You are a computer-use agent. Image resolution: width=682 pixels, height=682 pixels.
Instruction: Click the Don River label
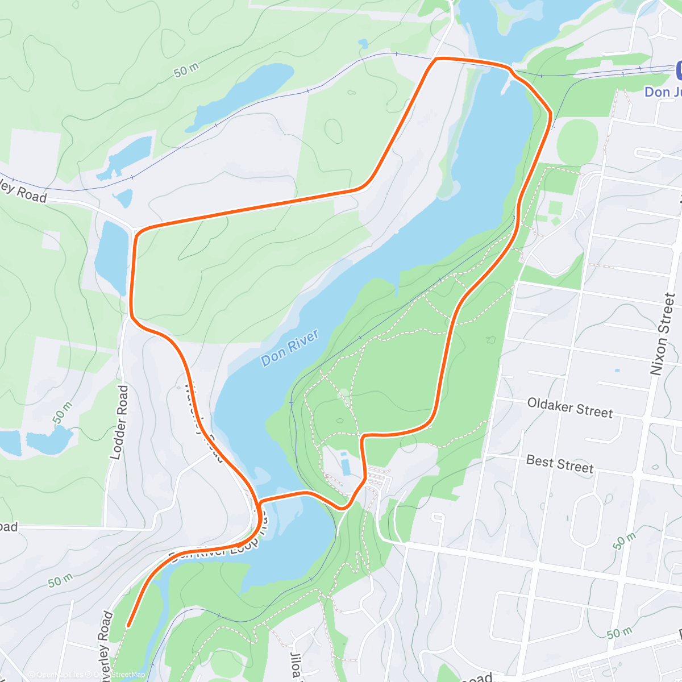[x=289, y=347]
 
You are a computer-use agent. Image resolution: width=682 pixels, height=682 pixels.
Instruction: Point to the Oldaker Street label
[x=570, y=407]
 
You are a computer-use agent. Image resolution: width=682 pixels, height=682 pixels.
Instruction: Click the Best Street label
[x=560, y=464]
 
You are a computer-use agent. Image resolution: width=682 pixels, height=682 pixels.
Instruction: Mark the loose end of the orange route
[x=128, y=626]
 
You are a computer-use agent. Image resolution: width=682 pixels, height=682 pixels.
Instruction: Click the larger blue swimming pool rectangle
[x=346, y=464]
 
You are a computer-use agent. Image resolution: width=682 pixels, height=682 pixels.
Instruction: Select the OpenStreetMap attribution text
[x=120, y=675]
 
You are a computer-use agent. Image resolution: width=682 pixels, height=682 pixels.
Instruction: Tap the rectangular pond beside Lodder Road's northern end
[x=111, y=256]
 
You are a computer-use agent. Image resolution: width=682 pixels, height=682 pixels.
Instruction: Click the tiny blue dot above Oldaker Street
[x=617, y=371]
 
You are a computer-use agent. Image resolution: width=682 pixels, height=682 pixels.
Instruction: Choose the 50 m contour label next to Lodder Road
[x=63, y=413]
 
